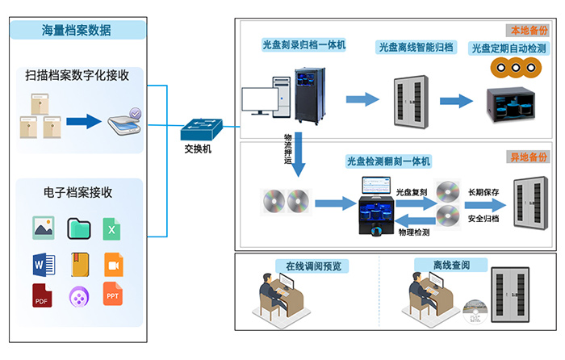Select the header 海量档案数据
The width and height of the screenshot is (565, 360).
coord(77,31)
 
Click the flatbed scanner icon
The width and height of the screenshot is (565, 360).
coord(124,122)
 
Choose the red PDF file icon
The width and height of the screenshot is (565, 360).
coord(43,295)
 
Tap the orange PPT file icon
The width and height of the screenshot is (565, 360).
coord(113,295)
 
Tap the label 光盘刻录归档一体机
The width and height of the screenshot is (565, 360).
coord(303,45)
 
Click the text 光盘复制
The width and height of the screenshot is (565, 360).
coord(412,191)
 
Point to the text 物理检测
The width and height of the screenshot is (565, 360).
coord(412,232)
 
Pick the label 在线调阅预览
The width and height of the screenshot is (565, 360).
coord(307,266)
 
